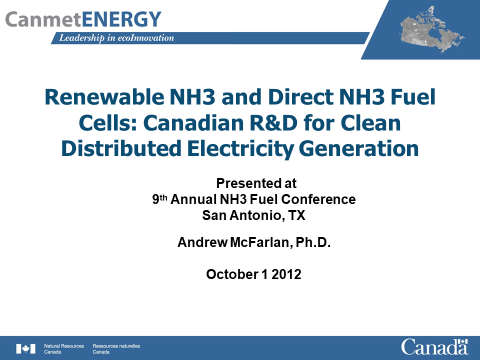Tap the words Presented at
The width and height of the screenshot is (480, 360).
(256, 183)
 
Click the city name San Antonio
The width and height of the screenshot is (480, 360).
(235, 215)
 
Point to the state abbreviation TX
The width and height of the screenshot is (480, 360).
(297, 215)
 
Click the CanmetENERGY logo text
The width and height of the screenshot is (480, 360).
(83, 19)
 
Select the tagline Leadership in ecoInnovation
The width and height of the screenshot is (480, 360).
(116, 38)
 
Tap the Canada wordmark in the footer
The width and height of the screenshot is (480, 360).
(434, 346)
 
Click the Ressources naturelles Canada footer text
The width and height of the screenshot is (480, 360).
(112, 348)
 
